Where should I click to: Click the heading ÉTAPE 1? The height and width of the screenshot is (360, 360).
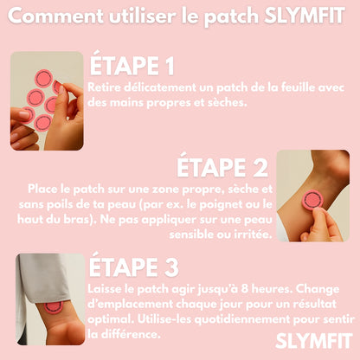pos(132,63)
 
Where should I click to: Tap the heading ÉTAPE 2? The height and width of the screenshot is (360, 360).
pos(222,165)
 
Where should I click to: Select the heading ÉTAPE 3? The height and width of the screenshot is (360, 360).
pos(134,265)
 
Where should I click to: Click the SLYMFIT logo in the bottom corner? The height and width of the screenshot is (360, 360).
pos(314,341)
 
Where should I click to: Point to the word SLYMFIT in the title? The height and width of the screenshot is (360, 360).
pos(305,16)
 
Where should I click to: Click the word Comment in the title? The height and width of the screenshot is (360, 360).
pos(55,16)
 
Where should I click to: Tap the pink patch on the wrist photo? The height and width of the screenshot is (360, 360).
pos(312,199)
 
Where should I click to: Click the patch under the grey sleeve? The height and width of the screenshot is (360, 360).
pos(54,306)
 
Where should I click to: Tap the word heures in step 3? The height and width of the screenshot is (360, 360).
pos(271,288)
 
